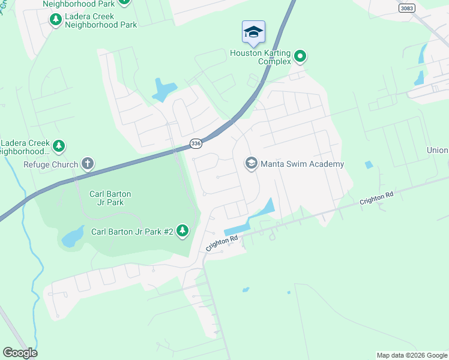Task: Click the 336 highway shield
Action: coord(196,143)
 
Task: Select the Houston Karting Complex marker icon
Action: coord(301,57)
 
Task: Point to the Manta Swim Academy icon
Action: coord(251,163)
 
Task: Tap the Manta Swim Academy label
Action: coord(303,164)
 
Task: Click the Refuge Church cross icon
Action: coord(88,163)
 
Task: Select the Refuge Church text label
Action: coord(50,164)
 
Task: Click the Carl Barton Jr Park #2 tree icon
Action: coord(182,231)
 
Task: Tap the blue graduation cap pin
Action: coord(253,32)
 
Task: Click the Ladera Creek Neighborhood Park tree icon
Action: coord(56,20)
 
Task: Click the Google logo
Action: coord(20,352)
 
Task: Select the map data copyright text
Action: coord(412,355)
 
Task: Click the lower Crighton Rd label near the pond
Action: coord(222,242)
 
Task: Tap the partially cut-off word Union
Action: coord(438,150)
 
